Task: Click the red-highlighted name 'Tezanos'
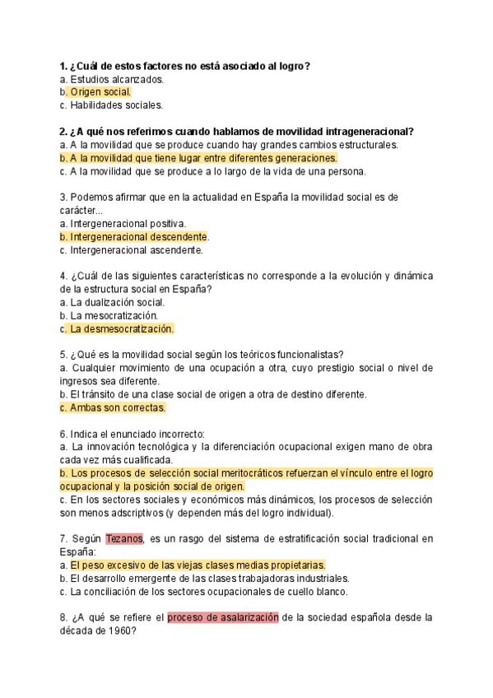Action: pyautogui.click(x=124, y=539)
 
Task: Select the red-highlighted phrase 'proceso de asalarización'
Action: pyautogui.click(x=223, y=617)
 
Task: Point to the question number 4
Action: pyautogui.click(x=63, y=277)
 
